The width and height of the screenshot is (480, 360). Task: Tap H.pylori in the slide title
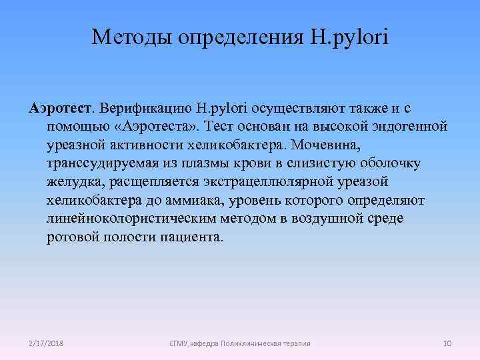click(x=347, y=36)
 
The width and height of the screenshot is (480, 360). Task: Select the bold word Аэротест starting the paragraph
click(x=62, y=107)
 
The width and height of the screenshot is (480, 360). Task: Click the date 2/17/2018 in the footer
click(x=47, y=343)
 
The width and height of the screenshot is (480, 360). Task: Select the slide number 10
click(x=448, y=343)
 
